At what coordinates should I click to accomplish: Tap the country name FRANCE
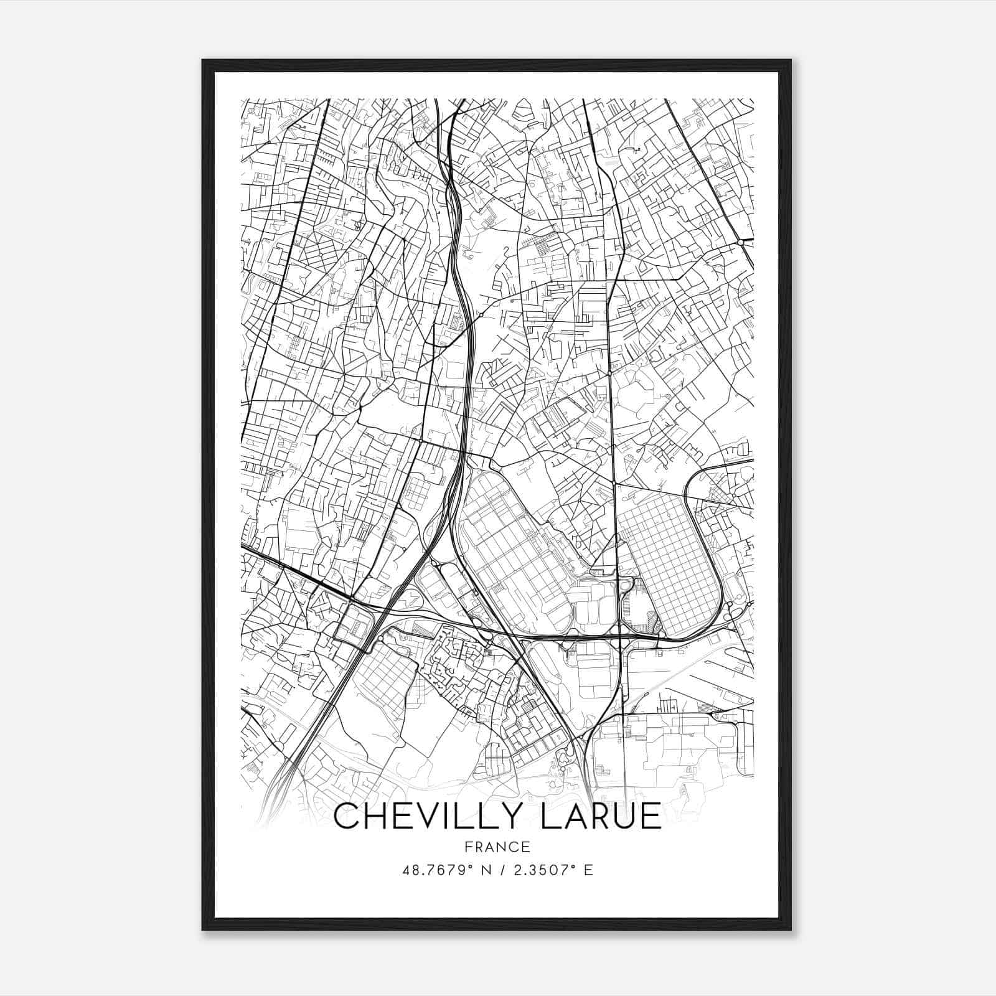click(x=497, y=847)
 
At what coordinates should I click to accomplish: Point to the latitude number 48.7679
click(x=430, y=870)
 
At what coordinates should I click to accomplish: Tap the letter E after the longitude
click(x=588, y=870)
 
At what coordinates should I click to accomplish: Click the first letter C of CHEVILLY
click(x=346, y=816)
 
